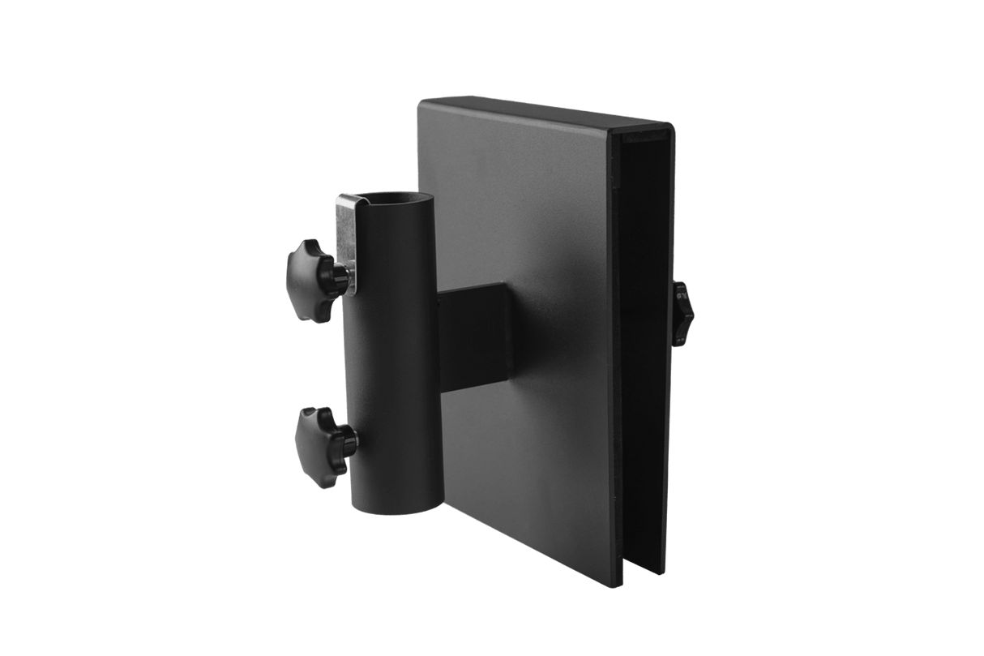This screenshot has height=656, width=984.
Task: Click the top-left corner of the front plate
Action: (x=419, y=101)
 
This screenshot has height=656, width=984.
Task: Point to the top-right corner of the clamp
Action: (x=671, y=124)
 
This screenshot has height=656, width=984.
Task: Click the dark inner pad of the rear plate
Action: (x=644, y=341)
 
